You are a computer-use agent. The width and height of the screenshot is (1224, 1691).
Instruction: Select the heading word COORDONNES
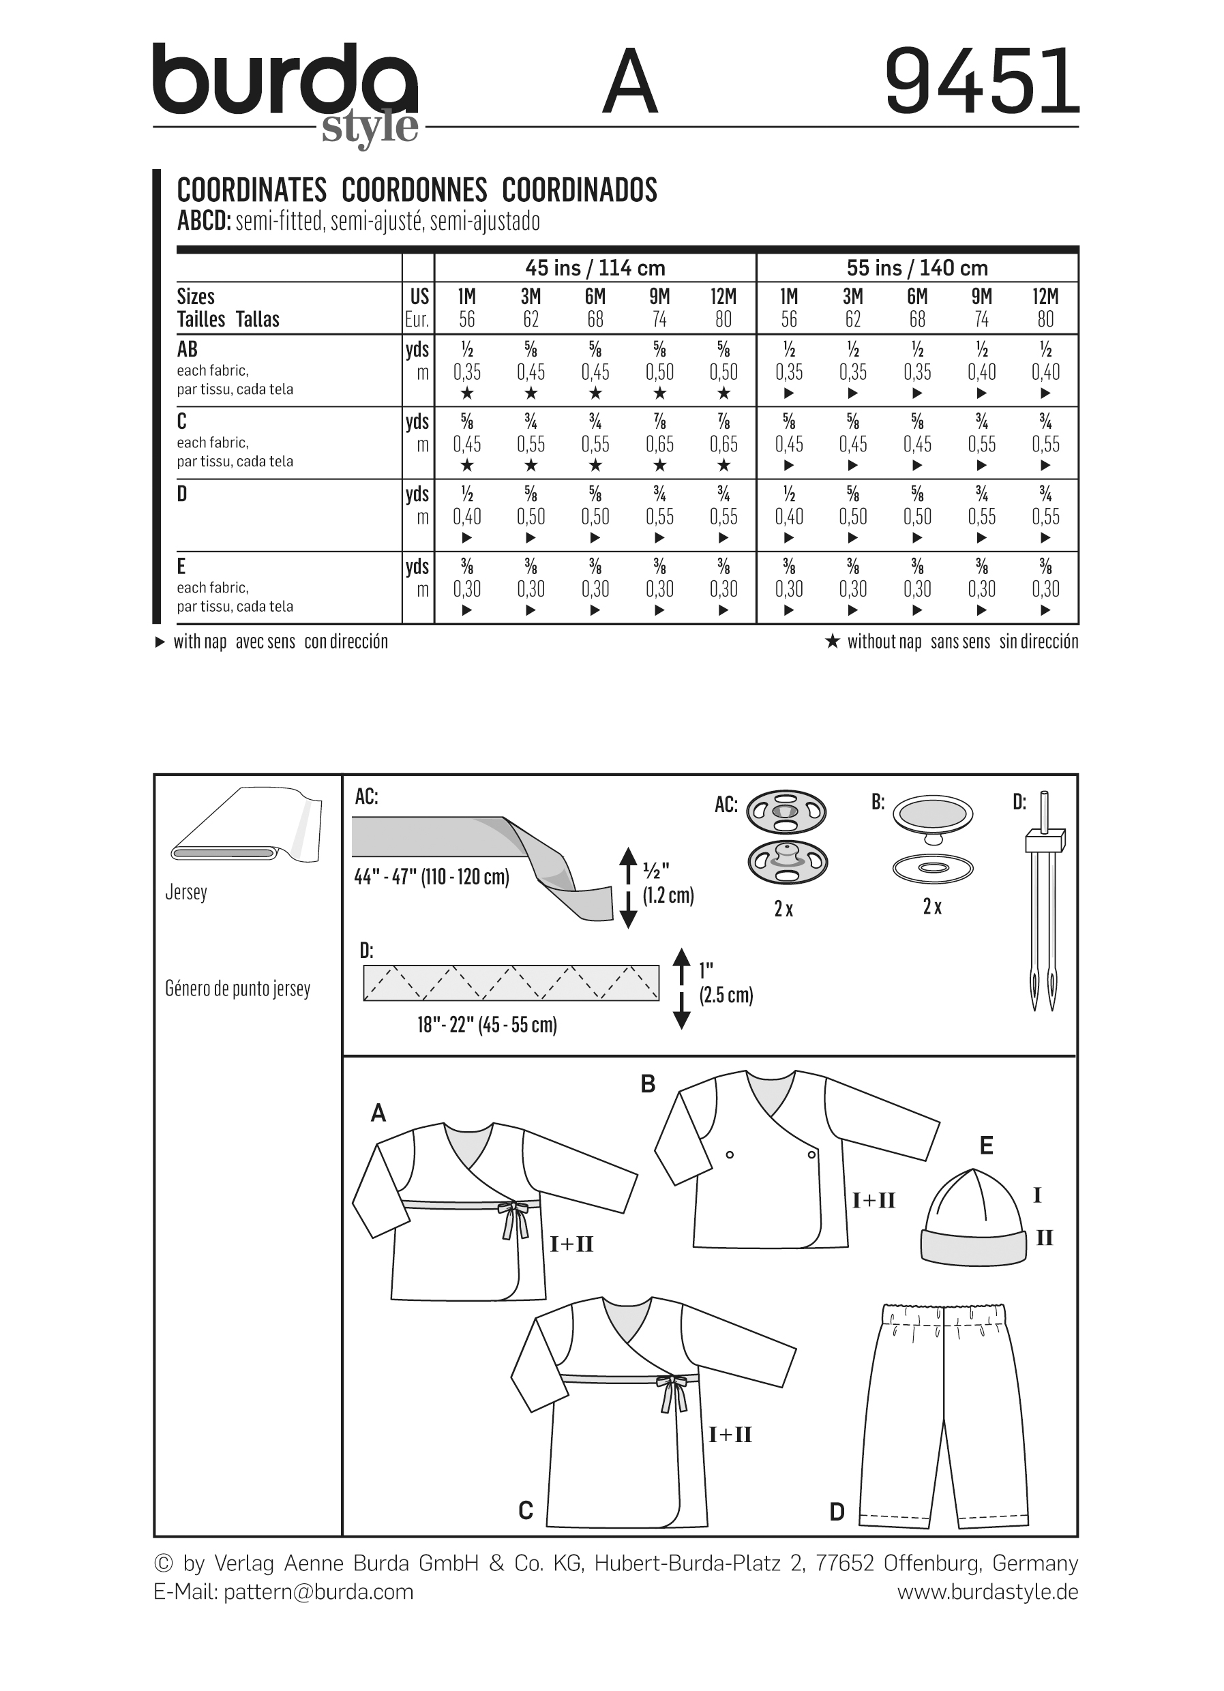click(415, 190)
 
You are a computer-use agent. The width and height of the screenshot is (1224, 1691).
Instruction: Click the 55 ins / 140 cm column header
click(917, 268)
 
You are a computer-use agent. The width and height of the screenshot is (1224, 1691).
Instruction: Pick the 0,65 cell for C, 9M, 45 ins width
click(659, 445)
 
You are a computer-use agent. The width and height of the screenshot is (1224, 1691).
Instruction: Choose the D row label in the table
click(182, 494)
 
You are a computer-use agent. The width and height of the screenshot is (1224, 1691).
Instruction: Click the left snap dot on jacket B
click(730, 1155)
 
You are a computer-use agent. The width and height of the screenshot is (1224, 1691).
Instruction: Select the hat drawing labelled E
click(974, 1215)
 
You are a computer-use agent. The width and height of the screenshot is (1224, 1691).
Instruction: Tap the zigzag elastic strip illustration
click(511, 983)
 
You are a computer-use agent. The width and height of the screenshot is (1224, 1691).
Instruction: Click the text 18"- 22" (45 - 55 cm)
click(487, 1026)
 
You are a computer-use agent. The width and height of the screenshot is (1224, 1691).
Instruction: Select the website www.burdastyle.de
click(987, 1592)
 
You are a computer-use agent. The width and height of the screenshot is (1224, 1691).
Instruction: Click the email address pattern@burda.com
click(318, 1592)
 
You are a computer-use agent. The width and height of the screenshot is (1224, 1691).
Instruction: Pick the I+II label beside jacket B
click(874, 1199)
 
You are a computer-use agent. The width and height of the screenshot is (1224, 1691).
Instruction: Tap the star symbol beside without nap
click(832, 641)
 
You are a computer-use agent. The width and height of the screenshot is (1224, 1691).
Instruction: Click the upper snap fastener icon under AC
click(786, 811)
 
